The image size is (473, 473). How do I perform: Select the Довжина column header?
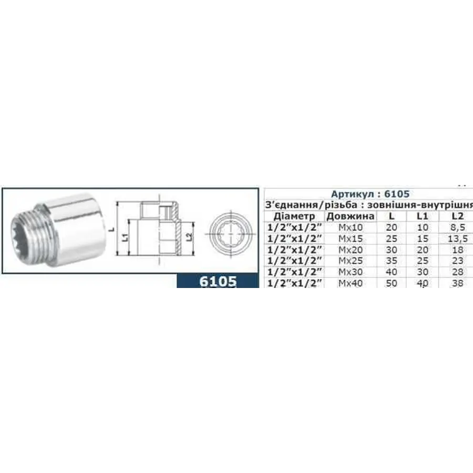tap(351, 216)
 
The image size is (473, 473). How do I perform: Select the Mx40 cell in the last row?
tap(351, 283)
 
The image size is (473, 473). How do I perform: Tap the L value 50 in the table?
tap(391, 283)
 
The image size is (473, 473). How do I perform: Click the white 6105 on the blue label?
tap(218, 281)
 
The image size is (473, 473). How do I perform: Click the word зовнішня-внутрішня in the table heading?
tap(431, 204)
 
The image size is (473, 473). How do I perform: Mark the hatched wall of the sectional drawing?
tap(179, 231)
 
